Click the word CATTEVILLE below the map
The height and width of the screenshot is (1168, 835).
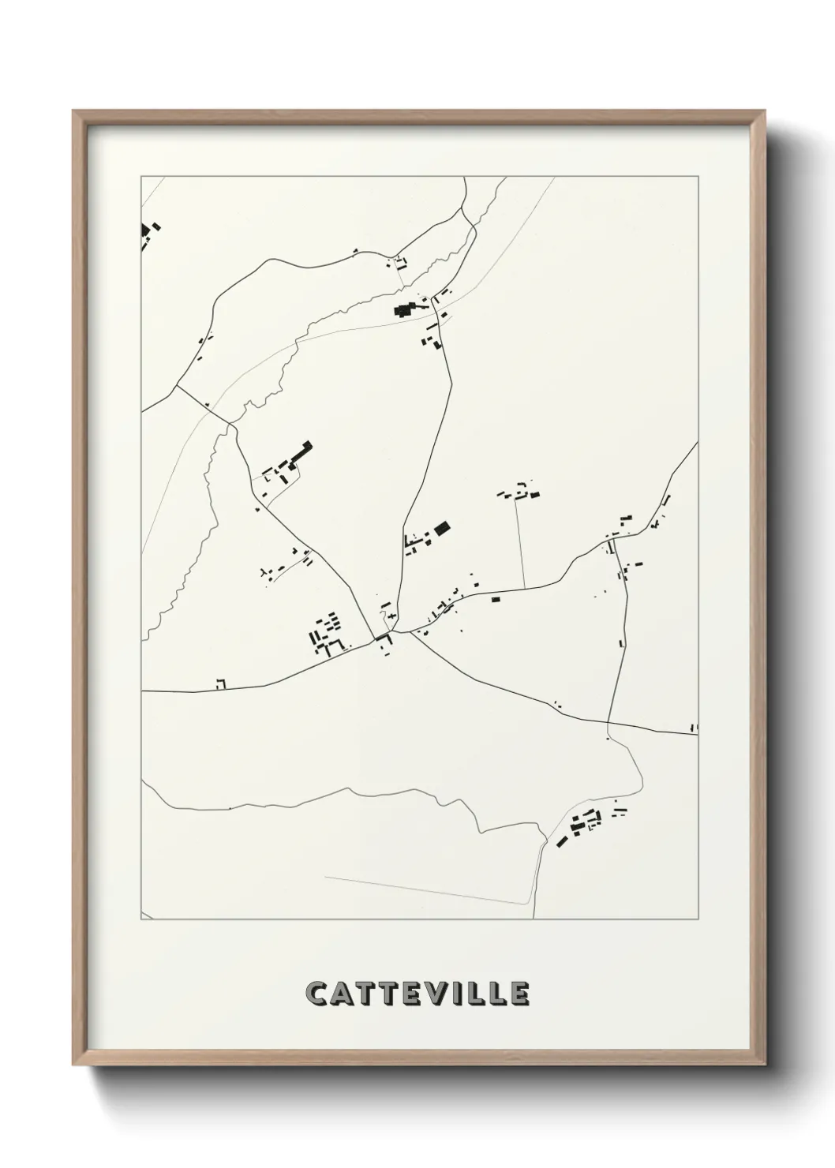tap(417, 994)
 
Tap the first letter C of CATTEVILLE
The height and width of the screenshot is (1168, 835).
tap(316, 994)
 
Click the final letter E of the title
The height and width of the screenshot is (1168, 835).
tap(519, 994)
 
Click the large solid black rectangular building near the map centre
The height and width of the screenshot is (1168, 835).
tap(442, 528)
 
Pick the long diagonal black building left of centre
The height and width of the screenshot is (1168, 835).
tap(299, 455)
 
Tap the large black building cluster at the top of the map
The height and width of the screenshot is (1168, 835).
tap(406, 309)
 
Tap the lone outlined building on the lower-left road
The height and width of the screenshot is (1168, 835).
tap(221, 683)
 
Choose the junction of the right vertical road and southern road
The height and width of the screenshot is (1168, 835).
tap(608, 722)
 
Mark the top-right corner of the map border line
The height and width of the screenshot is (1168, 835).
tap(698, 177)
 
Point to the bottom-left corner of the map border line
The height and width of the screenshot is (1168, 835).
tap(141, 919)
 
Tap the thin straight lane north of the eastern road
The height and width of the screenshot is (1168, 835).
tap(521, 545)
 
